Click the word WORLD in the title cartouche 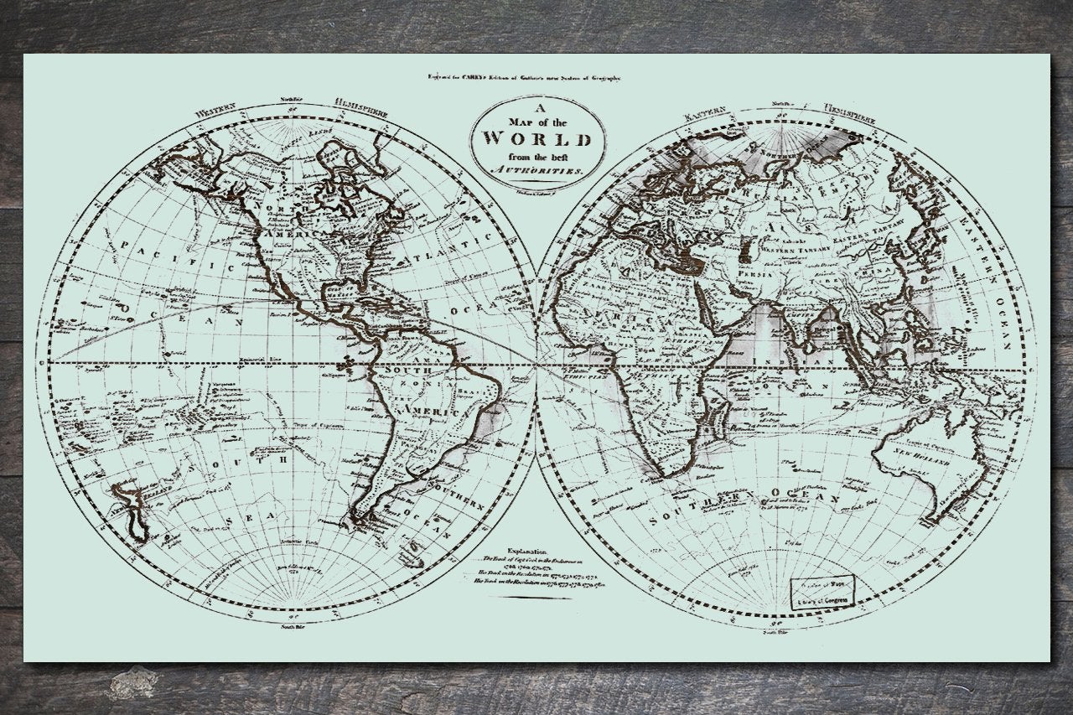(x=537, y=138)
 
